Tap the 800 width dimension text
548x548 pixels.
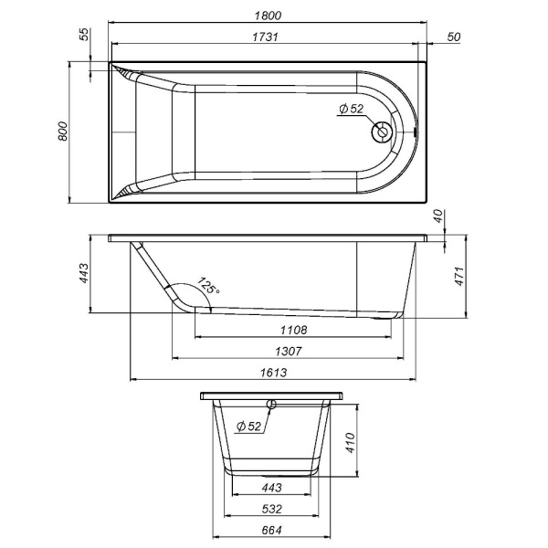click(62, 133)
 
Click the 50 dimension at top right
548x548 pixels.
click(454, 37)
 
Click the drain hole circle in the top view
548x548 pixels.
click(381, 132)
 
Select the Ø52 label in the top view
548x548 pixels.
click(351, 109)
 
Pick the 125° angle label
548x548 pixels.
click(209, 287)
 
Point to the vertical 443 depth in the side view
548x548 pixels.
click(82, 273)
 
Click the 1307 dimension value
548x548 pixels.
click(287, 351)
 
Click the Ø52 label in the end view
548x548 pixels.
click(248, 426)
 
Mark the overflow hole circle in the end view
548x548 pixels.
click(271, 404)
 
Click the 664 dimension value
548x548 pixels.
click(271, 530)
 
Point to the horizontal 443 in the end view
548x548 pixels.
click(271, 488)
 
